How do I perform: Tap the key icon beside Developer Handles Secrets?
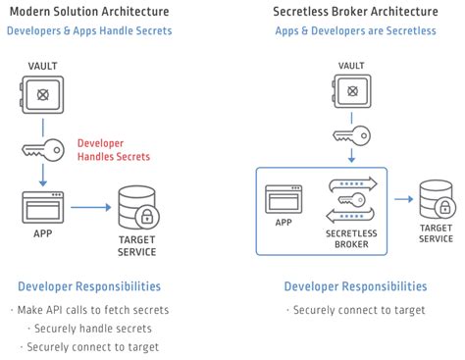click(43, 150)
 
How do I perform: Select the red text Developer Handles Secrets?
click(114, 150)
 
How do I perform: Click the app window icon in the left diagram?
click(42, 207)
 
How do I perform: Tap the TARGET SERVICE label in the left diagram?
click(137, 244)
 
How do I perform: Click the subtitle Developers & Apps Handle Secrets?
click(89, 30)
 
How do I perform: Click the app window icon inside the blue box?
click(282, 200)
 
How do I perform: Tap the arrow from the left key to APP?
click(43, 175)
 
